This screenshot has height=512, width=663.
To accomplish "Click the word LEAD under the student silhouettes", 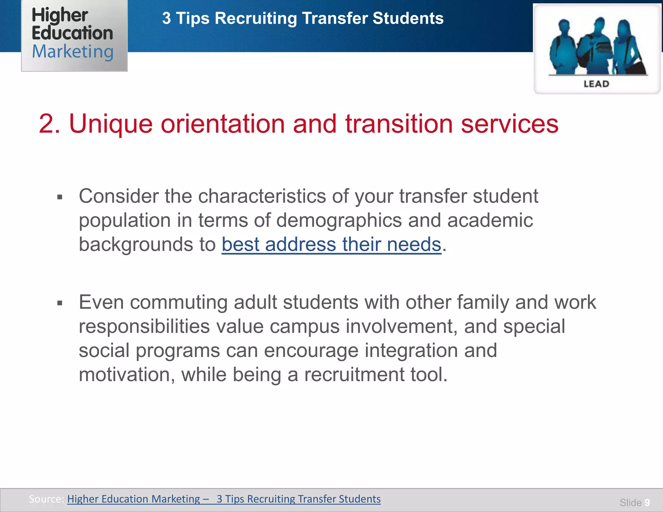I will coord(596,84).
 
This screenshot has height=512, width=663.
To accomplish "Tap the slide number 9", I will coord(647,503).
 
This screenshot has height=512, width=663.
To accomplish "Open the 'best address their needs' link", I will coord(331,244).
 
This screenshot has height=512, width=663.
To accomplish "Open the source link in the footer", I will coord(224,499).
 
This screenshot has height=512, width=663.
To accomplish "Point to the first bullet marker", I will coord(60,197).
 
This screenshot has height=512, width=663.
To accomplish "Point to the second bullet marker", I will coord(60,303).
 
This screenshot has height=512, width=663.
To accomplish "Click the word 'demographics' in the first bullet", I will coord(339,221).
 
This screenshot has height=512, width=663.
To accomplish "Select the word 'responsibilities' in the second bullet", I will coord(144,327).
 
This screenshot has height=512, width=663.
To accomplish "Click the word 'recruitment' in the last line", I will coord(354,375).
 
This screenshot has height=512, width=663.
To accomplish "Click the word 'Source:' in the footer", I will coord(46,499).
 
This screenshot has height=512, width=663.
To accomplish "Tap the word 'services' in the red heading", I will coord(510,124).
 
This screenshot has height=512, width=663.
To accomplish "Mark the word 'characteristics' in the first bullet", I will coord(262,196).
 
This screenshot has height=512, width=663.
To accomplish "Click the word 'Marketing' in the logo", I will coord(73,52).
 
